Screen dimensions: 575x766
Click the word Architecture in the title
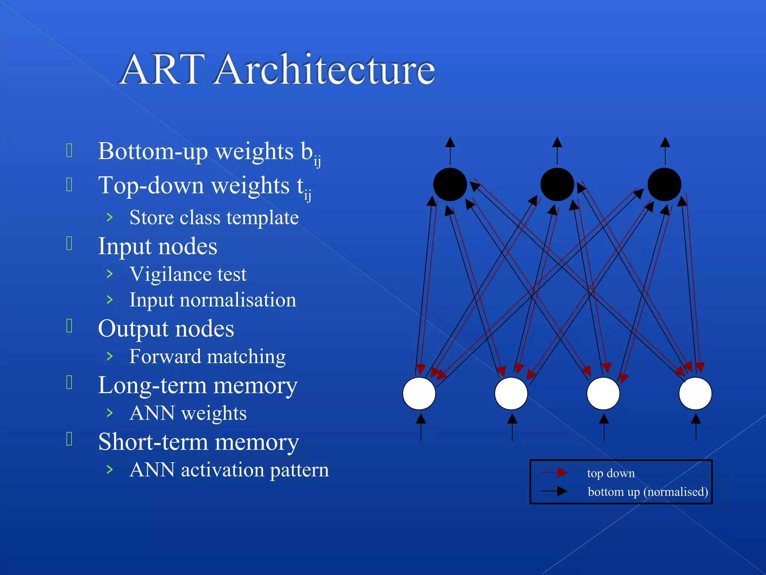pos(325,69)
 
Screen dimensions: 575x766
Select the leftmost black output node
pos(450,185)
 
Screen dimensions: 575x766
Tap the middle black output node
pos(557,185)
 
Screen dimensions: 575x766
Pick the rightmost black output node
pos(664,185)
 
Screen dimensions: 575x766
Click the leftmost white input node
pos(419,393)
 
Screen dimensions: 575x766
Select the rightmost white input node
pos(695,393)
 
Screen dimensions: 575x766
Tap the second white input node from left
pos(511,393)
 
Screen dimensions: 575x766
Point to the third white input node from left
pos(603,393)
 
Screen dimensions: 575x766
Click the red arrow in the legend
pos(554,472)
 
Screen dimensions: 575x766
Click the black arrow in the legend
pos(554,491)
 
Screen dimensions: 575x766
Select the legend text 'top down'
pos(611,473)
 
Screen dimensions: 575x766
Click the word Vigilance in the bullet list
pos(170,274)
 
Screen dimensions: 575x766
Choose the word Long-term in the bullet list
pos(153,386)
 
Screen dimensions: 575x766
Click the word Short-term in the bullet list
pos(153,442)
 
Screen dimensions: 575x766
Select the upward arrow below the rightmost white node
pos(696,427)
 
